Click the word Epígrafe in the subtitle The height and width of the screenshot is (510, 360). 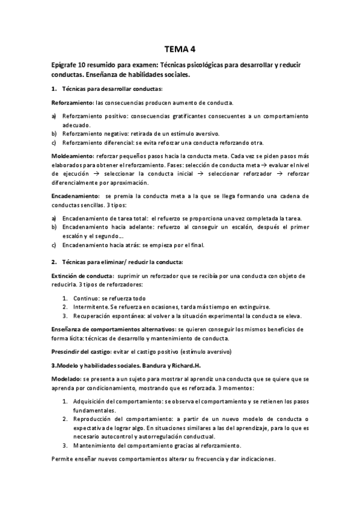pos(67,65)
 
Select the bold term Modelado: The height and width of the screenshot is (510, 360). pos(66,379)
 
